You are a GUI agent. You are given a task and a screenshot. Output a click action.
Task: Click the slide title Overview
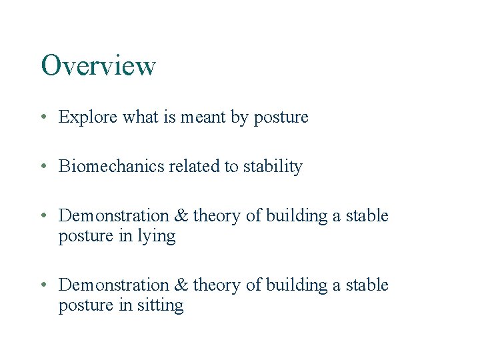tap(98, 66)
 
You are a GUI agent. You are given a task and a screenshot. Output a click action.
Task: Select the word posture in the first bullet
tap(281, 118)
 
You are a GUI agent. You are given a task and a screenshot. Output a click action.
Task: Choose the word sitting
tap(161, 306)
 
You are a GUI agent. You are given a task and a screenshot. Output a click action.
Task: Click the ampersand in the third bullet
tap(181, 216)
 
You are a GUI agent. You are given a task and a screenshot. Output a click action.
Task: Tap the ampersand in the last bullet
tap(181, 285)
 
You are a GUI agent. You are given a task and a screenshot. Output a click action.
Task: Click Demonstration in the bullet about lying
tap(114, 216)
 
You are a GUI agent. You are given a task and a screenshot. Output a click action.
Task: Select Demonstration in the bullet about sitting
tap(114, 285)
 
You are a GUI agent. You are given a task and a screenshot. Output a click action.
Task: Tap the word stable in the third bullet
tap(366, 216)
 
